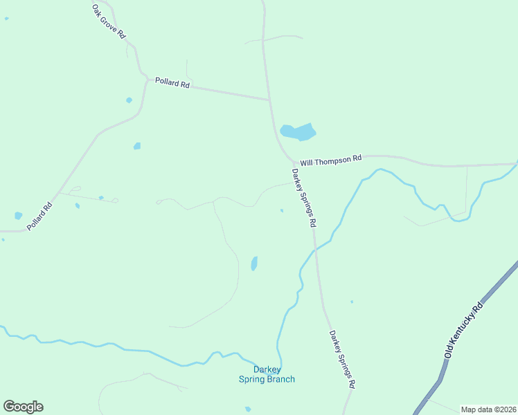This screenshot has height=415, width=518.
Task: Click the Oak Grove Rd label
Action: tap(109, 21)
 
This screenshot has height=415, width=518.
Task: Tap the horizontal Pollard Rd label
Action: tap(172, 82)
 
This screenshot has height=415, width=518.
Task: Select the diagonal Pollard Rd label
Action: tap(39, 216)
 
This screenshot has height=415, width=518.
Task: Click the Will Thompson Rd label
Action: tap(331, 159)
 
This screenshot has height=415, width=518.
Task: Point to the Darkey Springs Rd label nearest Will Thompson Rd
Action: tap(304, 199)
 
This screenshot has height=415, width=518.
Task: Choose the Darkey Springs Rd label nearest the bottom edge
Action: tap(342, 359)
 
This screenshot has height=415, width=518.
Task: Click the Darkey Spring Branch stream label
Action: tap(267, 374)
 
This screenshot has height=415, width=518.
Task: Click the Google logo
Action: tap(23, 407)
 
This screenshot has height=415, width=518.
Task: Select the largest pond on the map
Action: tap(298, 131)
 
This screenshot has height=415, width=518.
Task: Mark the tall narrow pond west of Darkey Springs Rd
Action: tap(254, 264)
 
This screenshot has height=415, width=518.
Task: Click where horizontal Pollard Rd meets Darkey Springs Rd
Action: tap(269, 100)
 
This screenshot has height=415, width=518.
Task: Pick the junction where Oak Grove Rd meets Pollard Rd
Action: tap(147, 79)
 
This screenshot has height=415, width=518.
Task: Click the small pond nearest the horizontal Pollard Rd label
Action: tap(129, 100)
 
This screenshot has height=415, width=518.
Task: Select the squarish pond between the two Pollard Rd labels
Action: tap(137, 146)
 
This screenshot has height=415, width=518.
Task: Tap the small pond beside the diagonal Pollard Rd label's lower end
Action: tap(18, 216)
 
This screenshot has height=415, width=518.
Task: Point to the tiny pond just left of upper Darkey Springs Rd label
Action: tap(281, 211)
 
